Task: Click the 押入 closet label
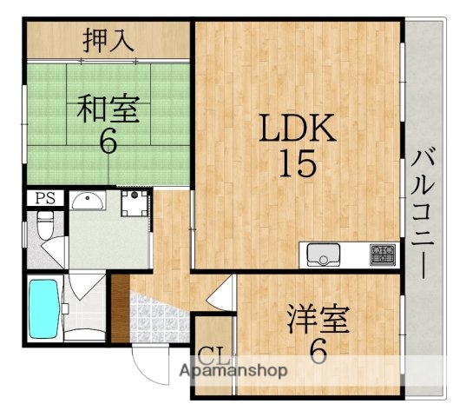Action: (108, 40)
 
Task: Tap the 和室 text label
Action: (107, 110)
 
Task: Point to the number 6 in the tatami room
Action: (107, 142)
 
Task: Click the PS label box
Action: (43, 198)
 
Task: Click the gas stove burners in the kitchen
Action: (382, 255)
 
